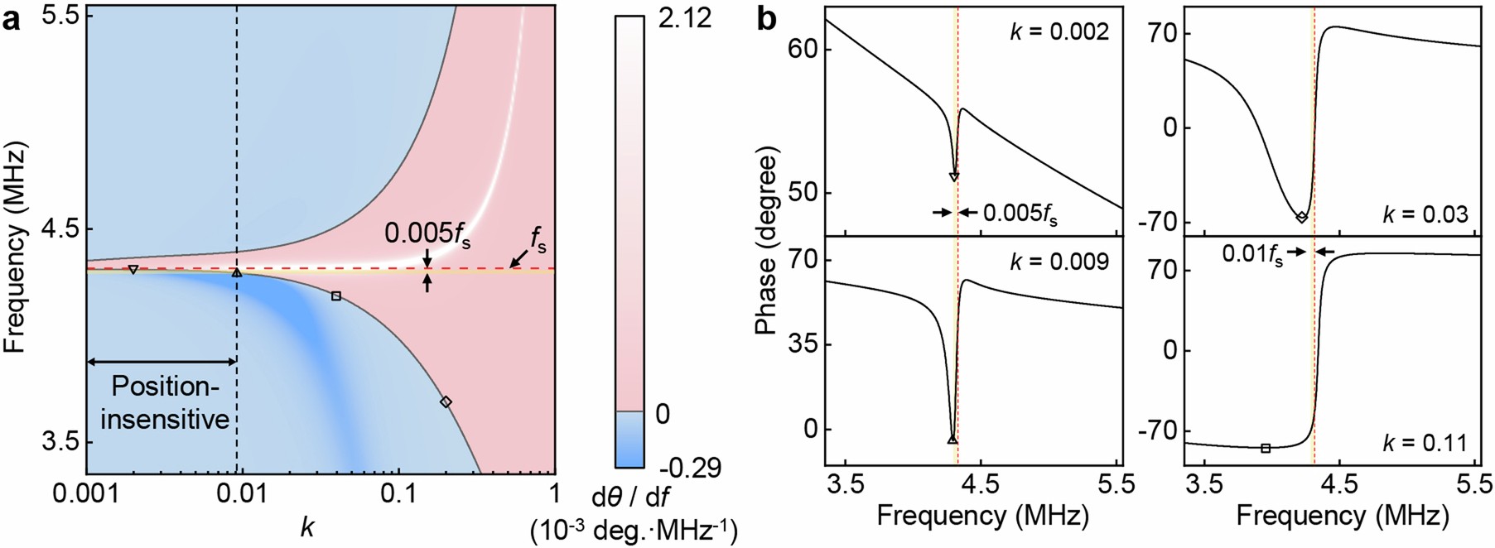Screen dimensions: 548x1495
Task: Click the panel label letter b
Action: (x=767, y=18)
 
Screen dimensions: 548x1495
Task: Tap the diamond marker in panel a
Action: (x=446, y=401)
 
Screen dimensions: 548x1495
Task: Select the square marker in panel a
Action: (x=336, y=296)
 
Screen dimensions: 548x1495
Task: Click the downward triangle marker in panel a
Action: (x=133, y=270)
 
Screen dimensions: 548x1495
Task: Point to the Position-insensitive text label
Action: (x=162, y=402)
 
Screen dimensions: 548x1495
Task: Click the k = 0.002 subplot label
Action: (x=1059, y=32)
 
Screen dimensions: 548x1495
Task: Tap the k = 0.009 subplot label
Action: (x=1059, y=262)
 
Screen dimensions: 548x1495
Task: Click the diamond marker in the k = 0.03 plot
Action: (x=1302, y=217)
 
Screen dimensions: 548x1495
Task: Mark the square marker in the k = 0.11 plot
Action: (x=1266, y=448)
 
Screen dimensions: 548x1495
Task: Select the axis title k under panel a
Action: (x=308, y=526)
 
